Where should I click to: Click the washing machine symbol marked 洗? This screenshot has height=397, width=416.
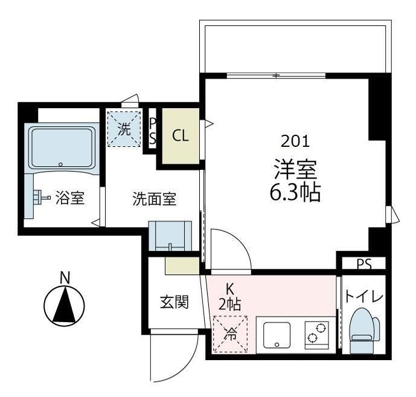pos(123,128)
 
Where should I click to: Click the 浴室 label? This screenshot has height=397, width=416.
pos(69,198)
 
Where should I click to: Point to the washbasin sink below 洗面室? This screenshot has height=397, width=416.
pos(170,236)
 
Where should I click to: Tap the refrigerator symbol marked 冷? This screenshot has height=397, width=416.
pos(229,333)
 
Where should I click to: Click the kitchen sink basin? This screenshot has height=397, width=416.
pos(277,334)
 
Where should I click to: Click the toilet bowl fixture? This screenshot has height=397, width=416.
pos(363,331)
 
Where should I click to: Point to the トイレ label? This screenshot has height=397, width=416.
pos(363,297)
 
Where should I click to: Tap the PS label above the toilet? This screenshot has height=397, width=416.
pos(363,264)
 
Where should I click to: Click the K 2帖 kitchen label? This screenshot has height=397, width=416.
pos(229,297)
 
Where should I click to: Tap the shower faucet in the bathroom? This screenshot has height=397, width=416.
pos(38,197)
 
